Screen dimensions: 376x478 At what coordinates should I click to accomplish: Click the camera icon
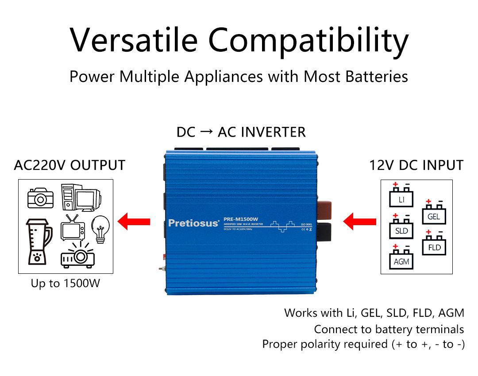[40, 198]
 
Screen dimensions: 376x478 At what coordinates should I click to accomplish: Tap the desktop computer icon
[80, 197]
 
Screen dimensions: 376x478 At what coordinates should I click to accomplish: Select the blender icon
[38, 240]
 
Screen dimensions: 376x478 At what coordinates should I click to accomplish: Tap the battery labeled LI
[401, 197]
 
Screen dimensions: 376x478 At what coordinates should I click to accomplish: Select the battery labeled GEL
[434, 215]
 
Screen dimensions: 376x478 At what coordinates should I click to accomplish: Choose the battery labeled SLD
[401, 229]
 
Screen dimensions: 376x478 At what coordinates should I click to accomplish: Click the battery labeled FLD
[434, 246]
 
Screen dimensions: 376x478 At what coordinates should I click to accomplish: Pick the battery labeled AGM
[401, 259]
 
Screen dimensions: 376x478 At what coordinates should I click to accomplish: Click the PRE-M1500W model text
[241, 219]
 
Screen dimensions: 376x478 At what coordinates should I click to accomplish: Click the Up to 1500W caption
[66, 284]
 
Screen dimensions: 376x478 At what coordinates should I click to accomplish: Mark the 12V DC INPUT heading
[416, 165]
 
